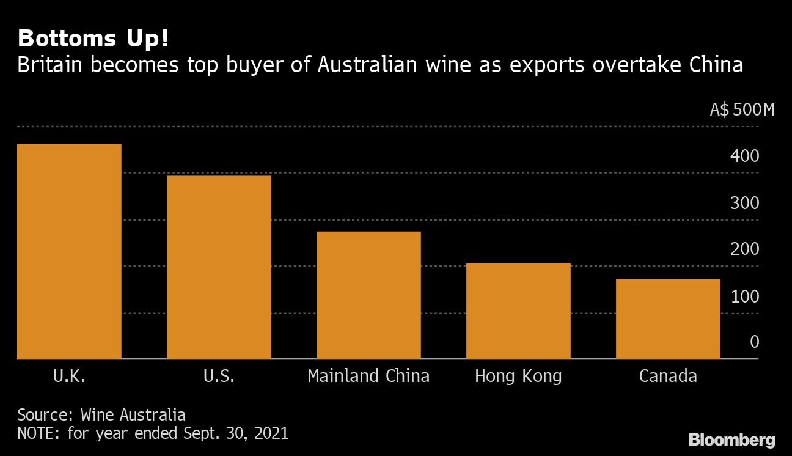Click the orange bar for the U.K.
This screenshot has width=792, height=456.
[x=69, y=251]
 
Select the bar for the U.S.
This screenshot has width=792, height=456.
[x=219, y=267]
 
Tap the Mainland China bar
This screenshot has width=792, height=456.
[x=369, y=295]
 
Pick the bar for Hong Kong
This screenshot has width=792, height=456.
[x=518, y=311]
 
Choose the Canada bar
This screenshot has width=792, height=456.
[x=668, y=318]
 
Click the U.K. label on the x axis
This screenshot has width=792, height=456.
[x=69, y=375]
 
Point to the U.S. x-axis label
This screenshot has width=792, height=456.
[x=219, y=375]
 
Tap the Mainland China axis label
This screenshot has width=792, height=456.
[x=369, y=375]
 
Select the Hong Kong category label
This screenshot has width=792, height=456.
[x=518, y=376]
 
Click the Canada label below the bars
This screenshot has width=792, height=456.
[x=668, y=375]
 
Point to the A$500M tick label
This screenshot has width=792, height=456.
[x=742, y=110]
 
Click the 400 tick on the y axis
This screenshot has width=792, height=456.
[x=744, y=156]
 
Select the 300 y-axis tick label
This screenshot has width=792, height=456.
[x=744, y=203]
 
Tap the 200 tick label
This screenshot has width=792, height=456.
[x=744, y=249]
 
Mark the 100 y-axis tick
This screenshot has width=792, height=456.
[x=744, y=296]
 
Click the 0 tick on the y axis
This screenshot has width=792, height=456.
[x=754, y=342]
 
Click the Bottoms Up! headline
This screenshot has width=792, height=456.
[x=94, y=39]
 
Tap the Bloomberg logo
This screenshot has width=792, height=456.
[x=732, y=439]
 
